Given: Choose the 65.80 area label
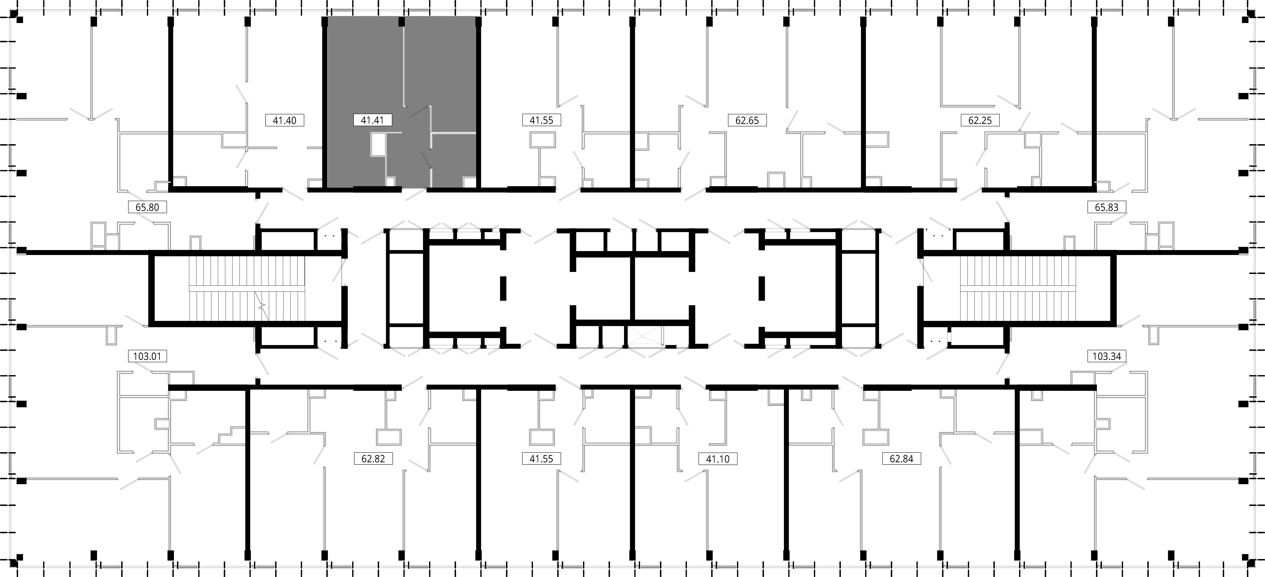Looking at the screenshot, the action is coord(147,207).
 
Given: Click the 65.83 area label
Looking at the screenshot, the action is coord(1106,207).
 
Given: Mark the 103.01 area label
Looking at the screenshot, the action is coord(147,356).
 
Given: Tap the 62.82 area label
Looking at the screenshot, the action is coord(373,459).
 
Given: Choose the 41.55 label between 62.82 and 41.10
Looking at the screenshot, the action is coord(541,459).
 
